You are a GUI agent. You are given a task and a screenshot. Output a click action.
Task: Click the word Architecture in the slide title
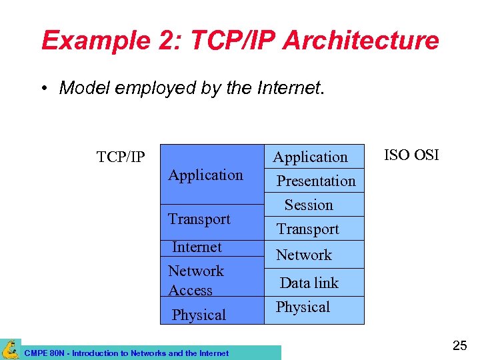361,41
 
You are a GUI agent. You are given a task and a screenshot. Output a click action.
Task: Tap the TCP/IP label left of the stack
120,157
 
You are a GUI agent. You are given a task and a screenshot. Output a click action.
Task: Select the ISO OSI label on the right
411,155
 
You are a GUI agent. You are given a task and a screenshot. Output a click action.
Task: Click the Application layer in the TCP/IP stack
205,175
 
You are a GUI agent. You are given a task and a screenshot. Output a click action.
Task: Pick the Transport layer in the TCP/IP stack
199,219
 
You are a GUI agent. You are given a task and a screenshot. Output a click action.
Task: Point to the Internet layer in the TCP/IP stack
197,247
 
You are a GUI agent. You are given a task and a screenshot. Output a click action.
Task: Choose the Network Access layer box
196,280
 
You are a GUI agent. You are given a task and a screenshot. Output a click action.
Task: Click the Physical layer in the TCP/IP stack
199,315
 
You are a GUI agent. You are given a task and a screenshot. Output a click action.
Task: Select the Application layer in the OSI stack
311,157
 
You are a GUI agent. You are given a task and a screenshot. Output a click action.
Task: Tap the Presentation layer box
316,181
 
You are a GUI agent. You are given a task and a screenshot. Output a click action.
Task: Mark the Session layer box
309,205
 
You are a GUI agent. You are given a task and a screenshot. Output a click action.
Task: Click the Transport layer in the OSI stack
308,229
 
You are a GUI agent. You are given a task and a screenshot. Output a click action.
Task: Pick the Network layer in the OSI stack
304,255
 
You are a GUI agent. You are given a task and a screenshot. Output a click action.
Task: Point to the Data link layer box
309,283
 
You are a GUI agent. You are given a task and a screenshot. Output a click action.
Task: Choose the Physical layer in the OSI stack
303,307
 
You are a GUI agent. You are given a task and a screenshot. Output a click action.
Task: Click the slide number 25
460,345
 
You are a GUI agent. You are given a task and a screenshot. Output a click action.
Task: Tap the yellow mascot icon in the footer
10,349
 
